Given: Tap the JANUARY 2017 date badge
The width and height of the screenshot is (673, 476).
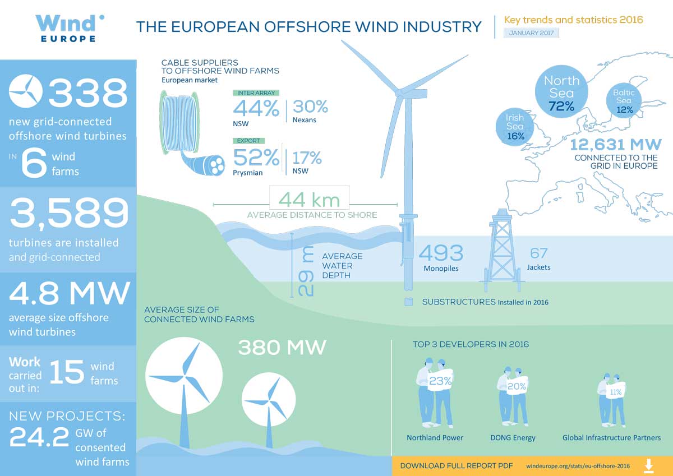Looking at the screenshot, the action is click(x=531, y=33).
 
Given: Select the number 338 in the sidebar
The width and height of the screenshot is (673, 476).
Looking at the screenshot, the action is click(x=88, y=92).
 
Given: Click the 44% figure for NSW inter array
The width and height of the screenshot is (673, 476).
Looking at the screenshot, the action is click(x=256, y=108).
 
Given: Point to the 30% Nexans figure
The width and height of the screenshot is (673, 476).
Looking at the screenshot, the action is click(x=310, y=107).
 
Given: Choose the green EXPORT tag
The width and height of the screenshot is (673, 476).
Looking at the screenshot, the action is click(x=248, y=141).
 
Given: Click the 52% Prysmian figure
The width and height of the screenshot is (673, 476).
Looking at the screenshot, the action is click(x=256, y=158).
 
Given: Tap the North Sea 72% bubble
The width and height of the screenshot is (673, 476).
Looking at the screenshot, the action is click(x=561, y=91).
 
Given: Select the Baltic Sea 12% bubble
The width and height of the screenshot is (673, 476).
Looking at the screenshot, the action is click(x=624, y=100).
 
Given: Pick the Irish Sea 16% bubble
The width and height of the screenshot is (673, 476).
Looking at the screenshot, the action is click(x=515, y=127).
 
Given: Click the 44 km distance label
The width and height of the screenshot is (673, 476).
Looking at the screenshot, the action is click(x=309, y=200).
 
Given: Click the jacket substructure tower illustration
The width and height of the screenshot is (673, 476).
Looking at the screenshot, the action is click(x=502, y=251).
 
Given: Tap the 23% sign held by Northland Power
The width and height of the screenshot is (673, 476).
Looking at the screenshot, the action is click(x=440, y=381).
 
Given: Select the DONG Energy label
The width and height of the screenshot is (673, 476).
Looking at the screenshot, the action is click(x=513, y=437).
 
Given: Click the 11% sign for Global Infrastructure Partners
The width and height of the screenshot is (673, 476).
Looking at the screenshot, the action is click(x=615, y=391).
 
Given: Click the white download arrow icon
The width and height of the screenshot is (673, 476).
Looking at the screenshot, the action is click(x=649, y=466).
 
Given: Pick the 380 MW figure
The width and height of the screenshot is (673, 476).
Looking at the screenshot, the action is click(x=282, y=348).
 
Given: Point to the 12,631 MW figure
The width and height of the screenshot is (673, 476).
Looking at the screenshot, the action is click(x=616, y=145).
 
